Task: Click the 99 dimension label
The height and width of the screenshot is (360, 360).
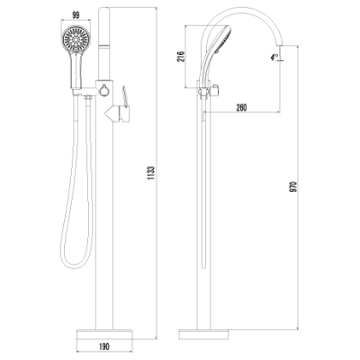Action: (x=76, y=15)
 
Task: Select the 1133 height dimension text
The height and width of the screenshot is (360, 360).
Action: (x=151, y=173)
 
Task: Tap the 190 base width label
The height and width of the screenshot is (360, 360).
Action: (x=103, y=346)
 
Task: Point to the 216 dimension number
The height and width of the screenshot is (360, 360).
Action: (x=181, y=57)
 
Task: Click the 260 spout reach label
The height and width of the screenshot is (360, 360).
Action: (x=241, y=107)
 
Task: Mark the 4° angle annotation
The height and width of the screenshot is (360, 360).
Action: (x=274, y=57)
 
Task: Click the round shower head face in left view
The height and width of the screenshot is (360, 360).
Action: (x=76, y=40)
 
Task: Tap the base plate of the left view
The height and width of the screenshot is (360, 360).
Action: (x=104, y=335)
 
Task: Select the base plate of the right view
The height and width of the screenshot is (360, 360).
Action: (x=203, y=335)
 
